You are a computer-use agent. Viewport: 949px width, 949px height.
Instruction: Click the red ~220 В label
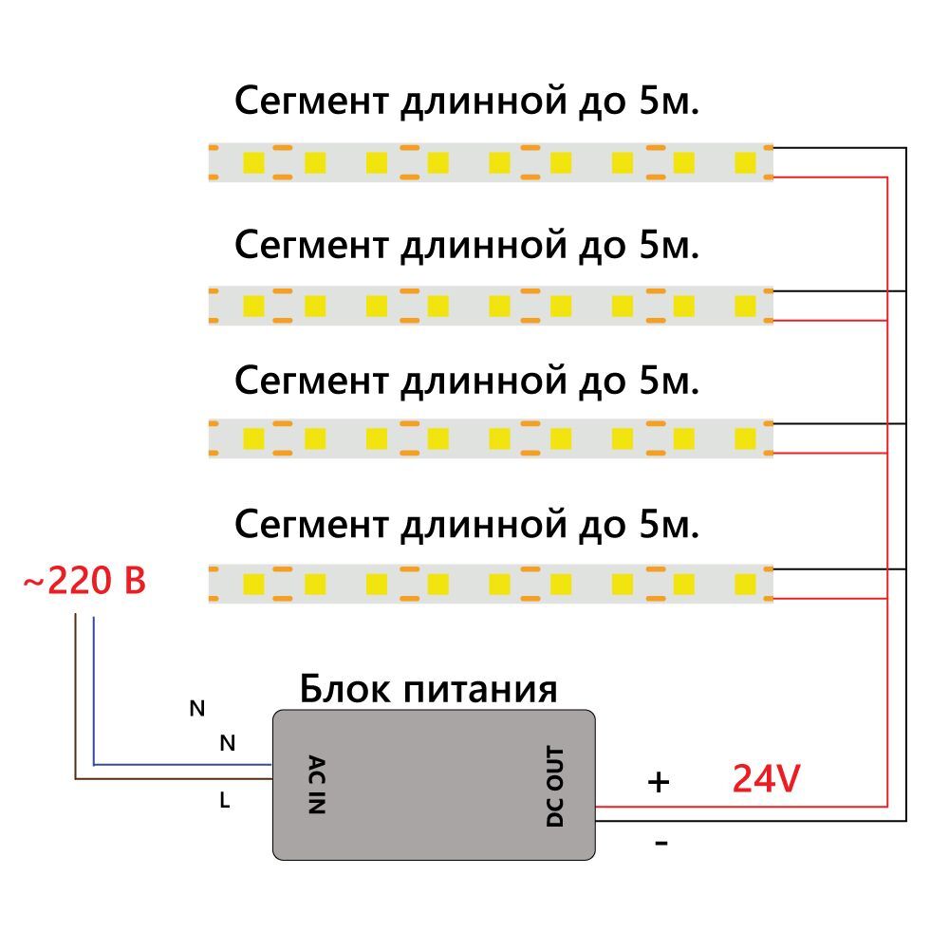click(x=84, y=581)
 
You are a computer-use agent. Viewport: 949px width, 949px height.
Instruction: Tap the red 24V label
click(x=767, y=779)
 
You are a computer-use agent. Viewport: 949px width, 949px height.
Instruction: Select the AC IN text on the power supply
click(x=317, y=784)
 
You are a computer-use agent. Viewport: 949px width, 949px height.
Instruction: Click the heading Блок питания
click(x=428, y=688)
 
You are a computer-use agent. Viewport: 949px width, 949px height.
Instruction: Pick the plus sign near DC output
click(x=658, y=782)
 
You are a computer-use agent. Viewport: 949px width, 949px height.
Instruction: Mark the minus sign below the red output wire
click(x=661, y=842)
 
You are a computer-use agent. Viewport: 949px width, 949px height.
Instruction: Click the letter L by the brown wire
click(x=225, y=801)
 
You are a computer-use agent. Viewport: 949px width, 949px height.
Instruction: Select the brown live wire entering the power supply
click(x=171, y=779)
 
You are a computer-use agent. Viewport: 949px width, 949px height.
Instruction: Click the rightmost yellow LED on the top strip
click(x=745, y=162)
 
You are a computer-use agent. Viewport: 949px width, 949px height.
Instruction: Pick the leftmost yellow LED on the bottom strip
click(x=253, y=583)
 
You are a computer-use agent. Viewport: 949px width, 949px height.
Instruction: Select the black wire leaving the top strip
click(x=835, y=148)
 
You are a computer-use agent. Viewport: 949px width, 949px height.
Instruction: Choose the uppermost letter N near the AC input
click(x=197, y=708)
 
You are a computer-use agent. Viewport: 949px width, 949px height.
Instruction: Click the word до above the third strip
click(x=597, y=381)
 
